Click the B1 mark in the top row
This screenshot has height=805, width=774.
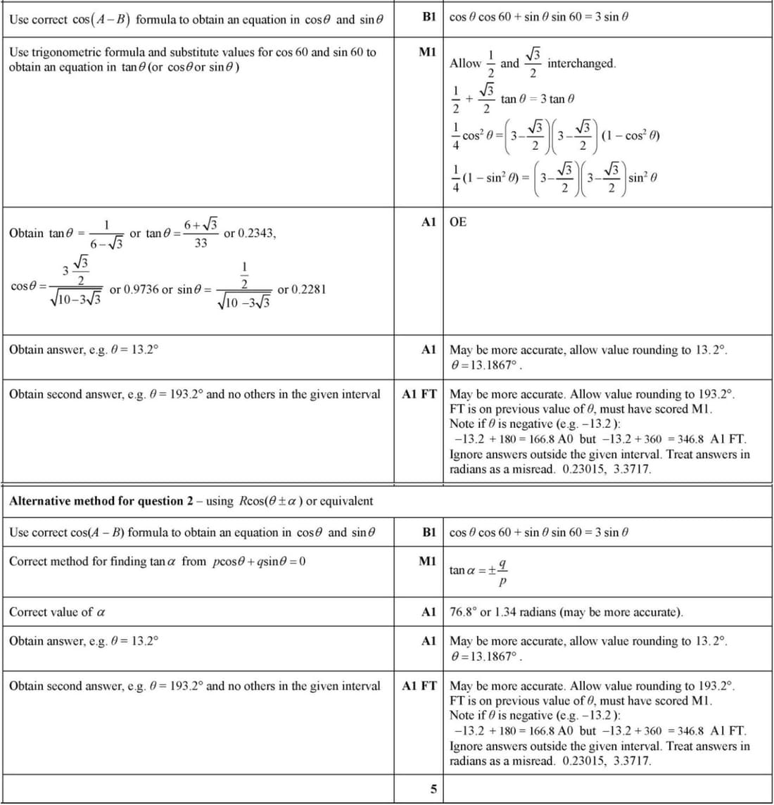coord(429,16)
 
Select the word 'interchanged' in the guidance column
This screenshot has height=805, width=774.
coord(581,63)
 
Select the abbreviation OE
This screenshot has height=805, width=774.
coord(457,222)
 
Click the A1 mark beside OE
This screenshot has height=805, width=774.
coord(429,222)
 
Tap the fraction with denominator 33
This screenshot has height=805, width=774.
coord(201,234)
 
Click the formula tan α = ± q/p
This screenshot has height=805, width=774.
coord(479,570)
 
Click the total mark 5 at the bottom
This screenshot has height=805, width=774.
coord(433,789)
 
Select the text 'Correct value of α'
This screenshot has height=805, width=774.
coord(57,612)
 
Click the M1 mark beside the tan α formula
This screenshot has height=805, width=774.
coord(427,562)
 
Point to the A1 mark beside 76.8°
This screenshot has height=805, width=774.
coord(429,612)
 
